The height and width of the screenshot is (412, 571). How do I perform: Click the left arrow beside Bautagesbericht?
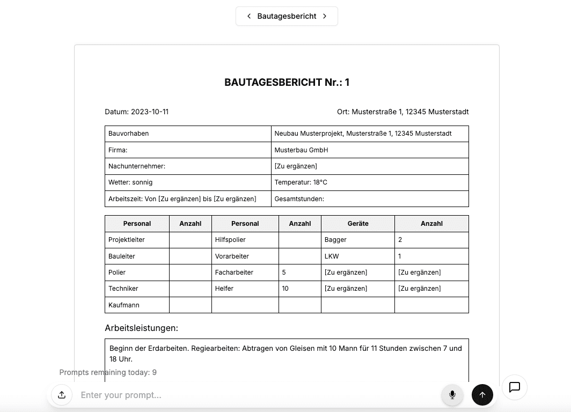click(249, 16)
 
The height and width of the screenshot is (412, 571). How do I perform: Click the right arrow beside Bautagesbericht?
click(325, 16)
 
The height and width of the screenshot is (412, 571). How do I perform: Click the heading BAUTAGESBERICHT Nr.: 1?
click(287, 82)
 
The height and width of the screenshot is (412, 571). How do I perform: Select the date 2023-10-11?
click(150, 112)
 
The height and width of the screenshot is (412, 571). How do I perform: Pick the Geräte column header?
click(358, 224)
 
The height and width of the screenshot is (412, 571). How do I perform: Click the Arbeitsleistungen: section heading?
click(141, 328)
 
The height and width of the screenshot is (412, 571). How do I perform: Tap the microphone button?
click(452, 395)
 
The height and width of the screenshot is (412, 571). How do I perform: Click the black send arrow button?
click(482, 395)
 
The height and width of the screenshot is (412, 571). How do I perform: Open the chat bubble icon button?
click(515, 387)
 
